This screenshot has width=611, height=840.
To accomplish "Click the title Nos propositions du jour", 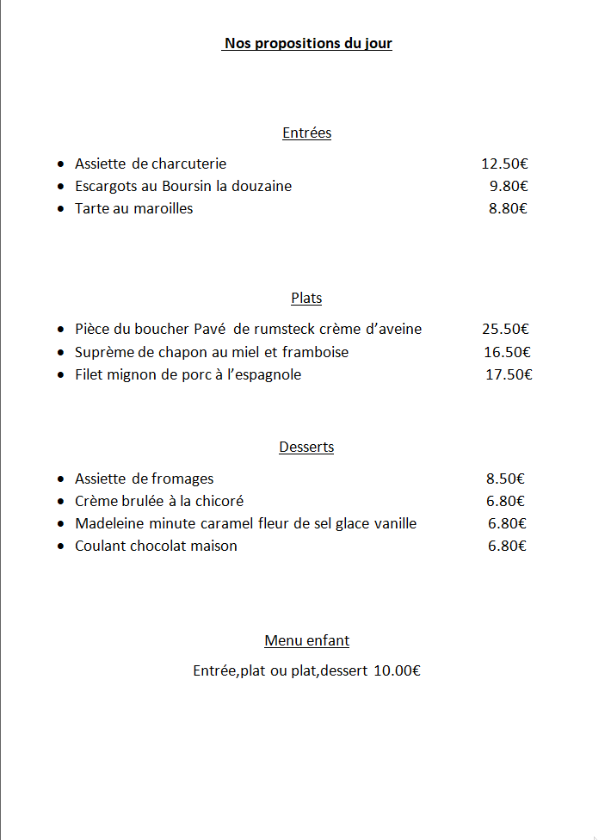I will click(307, 43).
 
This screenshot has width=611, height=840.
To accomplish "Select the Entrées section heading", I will click(306, 133).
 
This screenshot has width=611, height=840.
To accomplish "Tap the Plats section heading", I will click(306, 298).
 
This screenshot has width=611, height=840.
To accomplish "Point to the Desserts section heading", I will click(306, 447).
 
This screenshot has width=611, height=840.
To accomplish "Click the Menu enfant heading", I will click(306, 640).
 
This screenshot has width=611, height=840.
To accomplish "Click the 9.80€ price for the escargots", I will click(509, 186).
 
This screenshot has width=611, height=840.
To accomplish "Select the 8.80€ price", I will click(508, 208).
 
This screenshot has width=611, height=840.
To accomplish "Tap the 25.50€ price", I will click(505, 329).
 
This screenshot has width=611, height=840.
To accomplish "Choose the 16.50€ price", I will click(507, 351).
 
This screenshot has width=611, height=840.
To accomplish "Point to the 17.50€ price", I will click(509, 374).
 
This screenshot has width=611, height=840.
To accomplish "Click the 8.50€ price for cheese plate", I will click(505, 479).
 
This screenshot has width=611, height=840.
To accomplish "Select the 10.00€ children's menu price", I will click(397, 670).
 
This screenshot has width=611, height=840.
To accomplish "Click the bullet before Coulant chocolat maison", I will click(60, 547).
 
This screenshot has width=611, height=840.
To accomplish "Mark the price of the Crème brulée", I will click(505, 501).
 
